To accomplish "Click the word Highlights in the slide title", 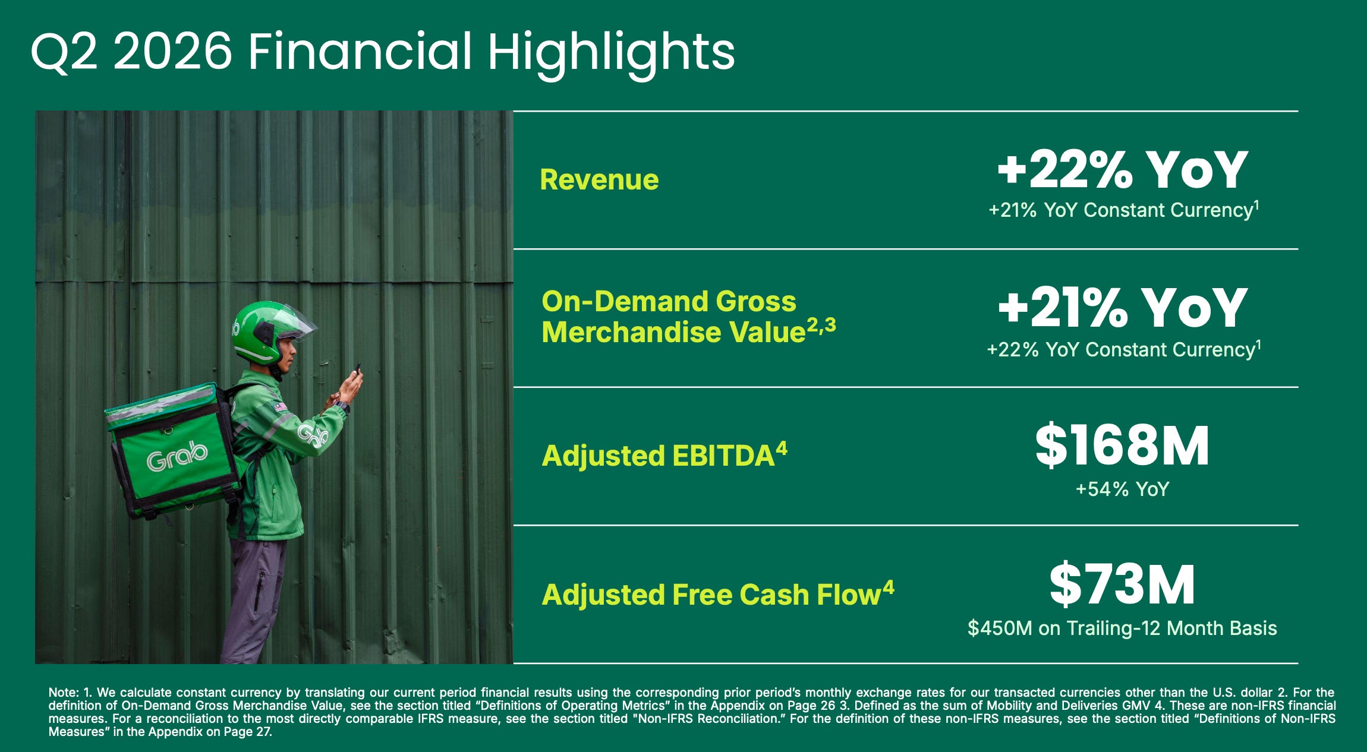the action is (611, 54).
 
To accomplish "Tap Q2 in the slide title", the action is (64, 52).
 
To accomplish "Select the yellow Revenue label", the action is (599, 179).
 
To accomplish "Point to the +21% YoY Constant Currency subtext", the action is (1123, 210).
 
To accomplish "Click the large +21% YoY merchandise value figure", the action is (1122, 308).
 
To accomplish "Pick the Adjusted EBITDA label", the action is (664, 455).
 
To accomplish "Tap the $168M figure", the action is (1122, 445).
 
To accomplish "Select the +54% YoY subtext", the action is (1122, 489).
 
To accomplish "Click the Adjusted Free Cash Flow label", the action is (718, 594).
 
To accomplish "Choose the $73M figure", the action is (1122, 585).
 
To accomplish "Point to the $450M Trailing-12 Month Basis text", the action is (1122, 628).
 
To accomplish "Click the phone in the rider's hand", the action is (357, 368).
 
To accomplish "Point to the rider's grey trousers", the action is (253, 600).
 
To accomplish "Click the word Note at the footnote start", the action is (62, 693).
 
